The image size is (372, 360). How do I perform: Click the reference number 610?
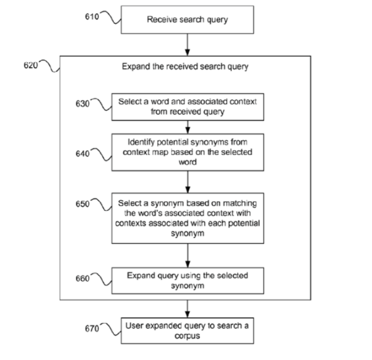pyautogui.click(x=92, y=17)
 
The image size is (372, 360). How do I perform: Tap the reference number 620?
pyautogui.click(x=30, y=65)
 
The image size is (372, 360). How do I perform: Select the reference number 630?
pyautogui.click(x=82, y=104)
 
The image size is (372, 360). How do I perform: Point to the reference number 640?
pyautogui.click(x=82, y=154)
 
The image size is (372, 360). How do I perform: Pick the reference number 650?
pyautogui.click(x=82, y=204)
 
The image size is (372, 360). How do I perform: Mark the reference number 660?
pyautogui.click(x=82, y=278)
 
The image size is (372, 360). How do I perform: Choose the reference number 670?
pyautogui.click(x=92, y=328)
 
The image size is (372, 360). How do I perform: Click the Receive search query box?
pyautogui.click(x=187, y=20)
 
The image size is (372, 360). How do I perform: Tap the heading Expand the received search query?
pyautogui.click(x=185, y=67)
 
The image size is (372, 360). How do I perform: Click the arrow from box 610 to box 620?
pyautogui.click(x=187, y=45)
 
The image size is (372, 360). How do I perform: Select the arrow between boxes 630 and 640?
pyautogui.click(x=188, y=127)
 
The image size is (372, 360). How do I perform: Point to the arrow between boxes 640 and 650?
pyautogui.click(x=188, y=182)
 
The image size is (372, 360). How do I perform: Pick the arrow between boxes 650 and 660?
pyautogui.click(x=188, y=256)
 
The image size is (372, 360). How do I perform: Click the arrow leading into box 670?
pyautogui.click(x=187, y=309)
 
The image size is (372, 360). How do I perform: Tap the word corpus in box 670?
pyautogui.click(x=187, y=336)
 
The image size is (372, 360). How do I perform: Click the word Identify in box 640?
pyautogui.click(x=141, y=142)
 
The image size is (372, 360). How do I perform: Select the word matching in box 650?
pyautogui.click(x=240, y=204)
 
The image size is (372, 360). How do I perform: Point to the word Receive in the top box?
pyautogui.click(x=162, y=19)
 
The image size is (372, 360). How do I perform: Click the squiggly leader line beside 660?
pyautogui.click(x=101, y=279)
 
